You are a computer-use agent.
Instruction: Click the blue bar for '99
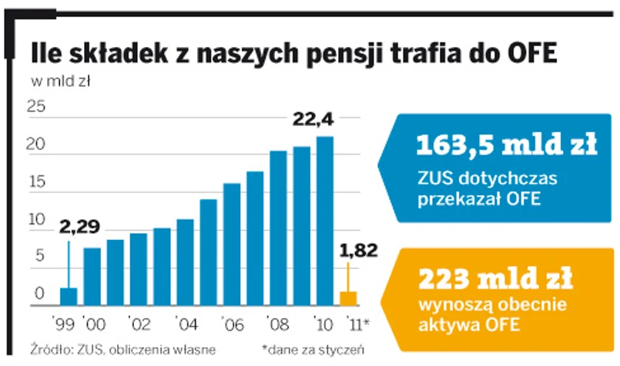69,297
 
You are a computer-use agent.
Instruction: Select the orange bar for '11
348,298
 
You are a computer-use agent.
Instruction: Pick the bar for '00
92,277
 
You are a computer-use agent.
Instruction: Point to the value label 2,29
79,227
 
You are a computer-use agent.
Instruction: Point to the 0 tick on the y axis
39,293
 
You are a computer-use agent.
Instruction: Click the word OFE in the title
527,54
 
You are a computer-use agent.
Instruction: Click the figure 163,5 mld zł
506,145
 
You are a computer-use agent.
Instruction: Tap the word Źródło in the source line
51,349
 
